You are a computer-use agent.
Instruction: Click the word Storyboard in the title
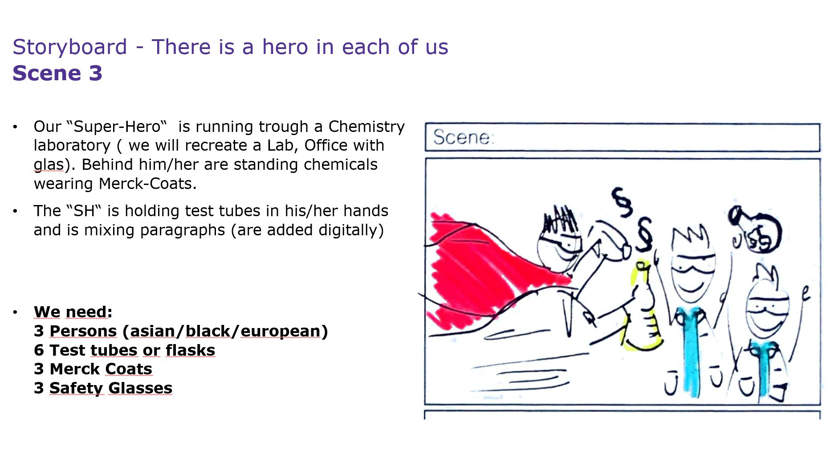70,47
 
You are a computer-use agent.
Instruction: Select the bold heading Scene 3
57,73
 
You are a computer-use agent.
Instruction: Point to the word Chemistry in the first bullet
366,127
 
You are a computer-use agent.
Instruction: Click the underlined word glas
49,165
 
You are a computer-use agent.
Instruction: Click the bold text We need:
73,312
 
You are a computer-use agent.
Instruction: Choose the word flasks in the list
191,350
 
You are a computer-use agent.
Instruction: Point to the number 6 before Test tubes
39,350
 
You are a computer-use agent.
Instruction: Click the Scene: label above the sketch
464,137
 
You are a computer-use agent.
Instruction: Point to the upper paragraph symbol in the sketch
622,202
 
